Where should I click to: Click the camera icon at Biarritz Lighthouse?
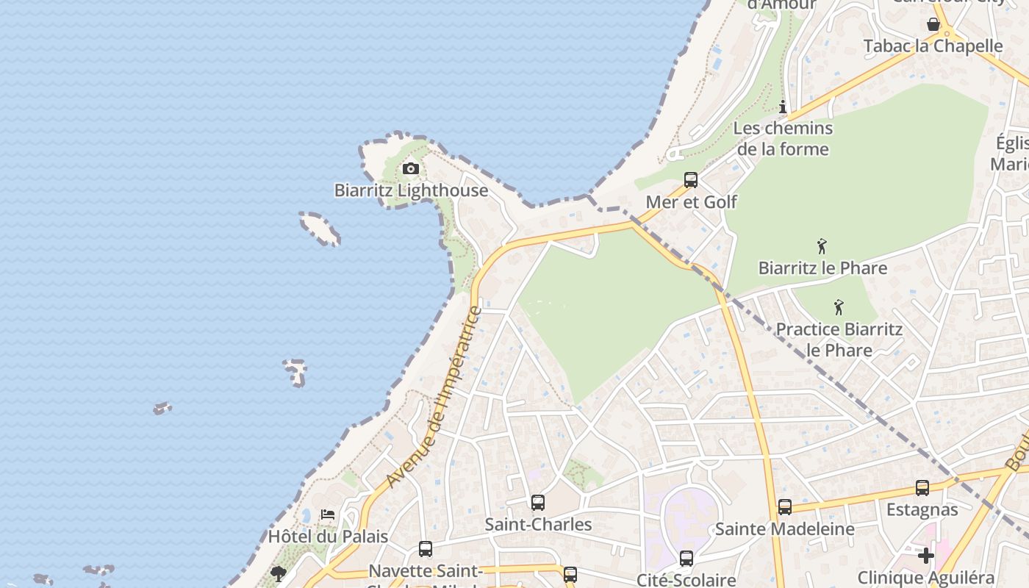click(x=411, y=169)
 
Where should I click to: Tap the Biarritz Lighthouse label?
click(x=411, y=190)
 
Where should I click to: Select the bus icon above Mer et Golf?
click(x=690, y=180)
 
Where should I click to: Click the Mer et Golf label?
click(x=691, y=201)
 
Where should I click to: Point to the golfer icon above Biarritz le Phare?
click(x=822, y=246)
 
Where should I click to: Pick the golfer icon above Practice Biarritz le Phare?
click(x=839, y=307)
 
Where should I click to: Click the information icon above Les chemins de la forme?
click(x=783, y=107)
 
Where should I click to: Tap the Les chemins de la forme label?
click(x=783, y=138)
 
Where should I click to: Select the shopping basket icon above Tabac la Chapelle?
click(x=933, y=24)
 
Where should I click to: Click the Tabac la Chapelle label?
click(x=933, y=46)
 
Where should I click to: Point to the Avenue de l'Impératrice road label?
click(x=434, y=398)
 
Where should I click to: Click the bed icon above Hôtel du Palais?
click(x=328, y=514)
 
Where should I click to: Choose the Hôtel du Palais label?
click(x=328, y=536)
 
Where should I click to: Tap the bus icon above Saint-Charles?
click(x=538, y=503)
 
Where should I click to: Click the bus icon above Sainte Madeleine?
click(x=785, y=507)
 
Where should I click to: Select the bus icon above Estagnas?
click(x=922, y=488)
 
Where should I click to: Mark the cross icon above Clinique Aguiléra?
click(x=925, y=555)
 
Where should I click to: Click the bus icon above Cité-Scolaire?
click(x=686, y=559)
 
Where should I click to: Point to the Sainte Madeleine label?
click(x=785, y=528)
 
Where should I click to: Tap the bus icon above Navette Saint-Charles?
click(x=426, y=549)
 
